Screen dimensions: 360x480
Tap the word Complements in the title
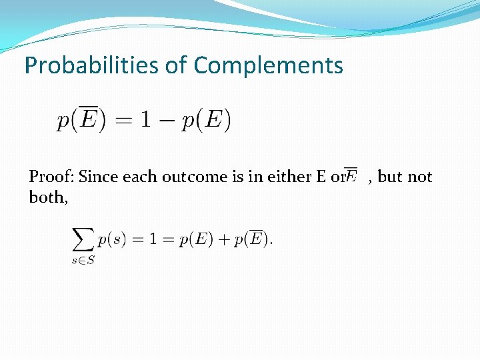tap(268, 65)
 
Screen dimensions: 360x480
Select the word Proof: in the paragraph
tap(51, 177)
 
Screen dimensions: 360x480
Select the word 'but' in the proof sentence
tap(390, 177)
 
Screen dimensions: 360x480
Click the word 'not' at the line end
tap(420, 177)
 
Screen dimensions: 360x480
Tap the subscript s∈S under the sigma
tap(83, 261)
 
